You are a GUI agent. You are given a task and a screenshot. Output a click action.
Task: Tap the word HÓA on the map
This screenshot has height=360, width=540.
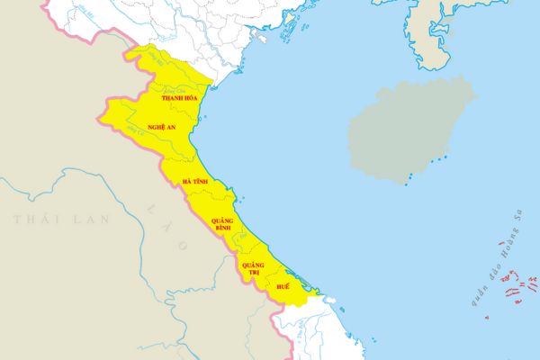[190, 97]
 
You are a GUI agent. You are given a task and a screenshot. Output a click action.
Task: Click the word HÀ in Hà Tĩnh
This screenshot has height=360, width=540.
[186, 182]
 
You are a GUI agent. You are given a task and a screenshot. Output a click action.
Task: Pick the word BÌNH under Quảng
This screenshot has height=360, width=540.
[222, 229]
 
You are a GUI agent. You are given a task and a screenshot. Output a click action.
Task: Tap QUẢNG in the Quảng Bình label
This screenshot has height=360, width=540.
[222, 220]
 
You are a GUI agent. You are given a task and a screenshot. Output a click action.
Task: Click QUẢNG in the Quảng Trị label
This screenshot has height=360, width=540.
[253, 265]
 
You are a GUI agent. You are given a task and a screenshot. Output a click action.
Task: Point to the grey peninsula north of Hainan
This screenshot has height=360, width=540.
[432, 36]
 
